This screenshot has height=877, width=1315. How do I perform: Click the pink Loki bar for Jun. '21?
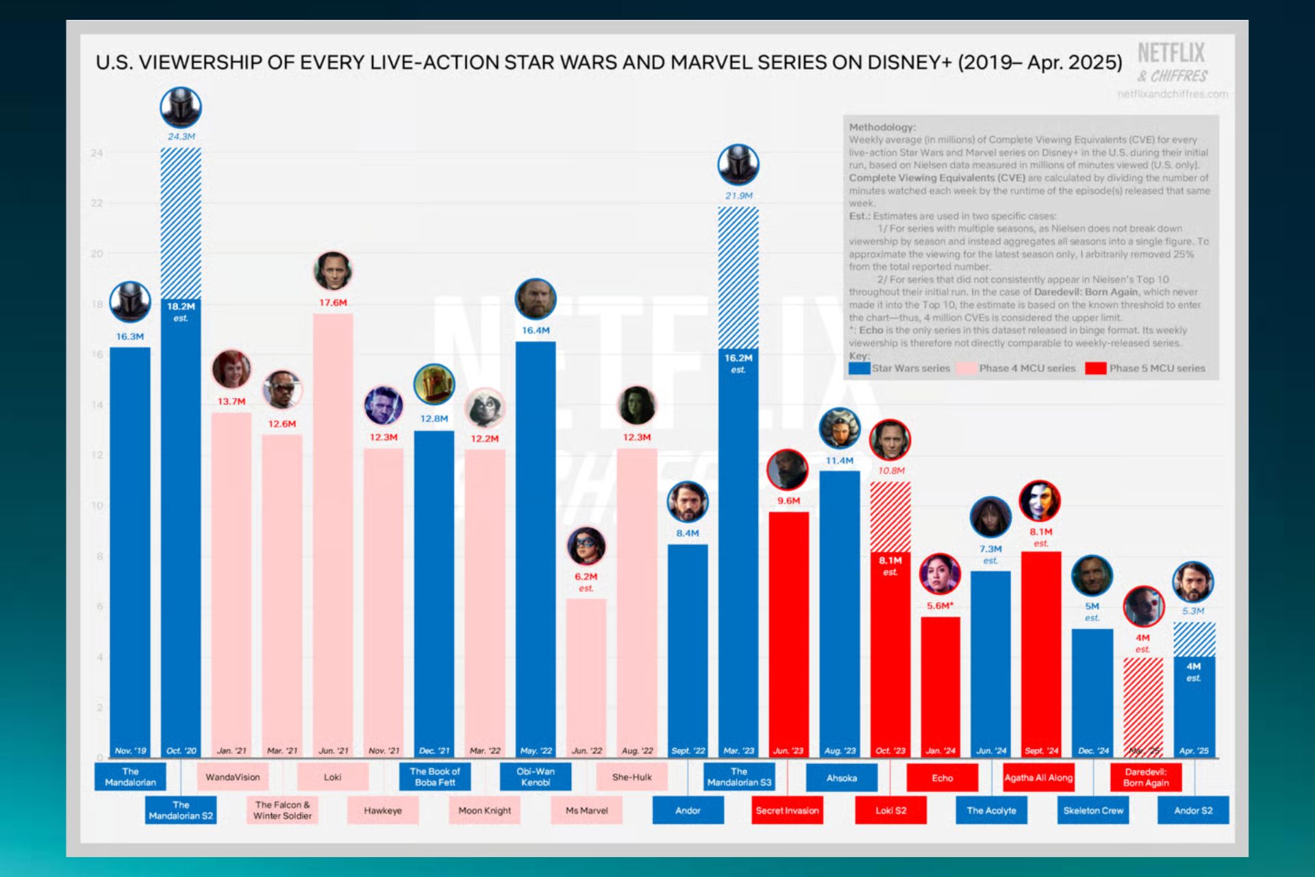click(333, 534)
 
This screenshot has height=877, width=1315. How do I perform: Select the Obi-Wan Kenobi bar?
click(536, 548)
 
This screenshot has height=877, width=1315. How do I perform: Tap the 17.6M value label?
click(333, 303)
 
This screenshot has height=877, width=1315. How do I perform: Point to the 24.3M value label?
click(181, 137)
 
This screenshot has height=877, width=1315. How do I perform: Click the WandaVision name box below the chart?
click(233, 777)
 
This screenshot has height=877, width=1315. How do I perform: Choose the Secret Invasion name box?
click(787, 811)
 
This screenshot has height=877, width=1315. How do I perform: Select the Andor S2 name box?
click(1193, 811)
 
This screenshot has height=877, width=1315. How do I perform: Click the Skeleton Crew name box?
click(1093, 811)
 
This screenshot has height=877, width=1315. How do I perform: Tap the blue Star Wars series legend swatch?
click(859, 368)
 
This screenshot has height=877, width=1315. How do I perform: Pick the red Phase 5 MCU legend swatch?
click(1096, 368)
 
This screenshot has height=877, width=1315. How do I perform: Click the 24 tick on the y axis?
click(97, 153)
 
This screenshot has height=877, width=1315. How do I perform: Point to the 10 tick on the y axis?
click(97, 506)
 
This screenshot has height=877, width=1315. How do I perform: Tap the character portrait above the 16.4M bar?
click(536, 299)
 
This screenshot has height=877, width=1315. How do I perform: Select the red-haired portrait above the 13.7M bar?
click(231, 369)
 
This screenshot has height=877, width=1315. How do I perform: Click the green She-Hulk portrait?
click(637, 405)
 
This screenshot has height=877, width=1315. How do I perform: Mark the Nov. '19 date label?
click(130, 750)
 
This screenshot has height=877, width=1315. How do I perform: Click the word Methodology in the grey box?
click(882, 127)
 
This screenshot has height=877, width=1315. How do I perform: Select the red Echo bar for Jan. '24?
click(940, 685)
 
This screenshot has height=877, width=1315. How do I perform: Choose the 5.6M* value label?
click(940, 606)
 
